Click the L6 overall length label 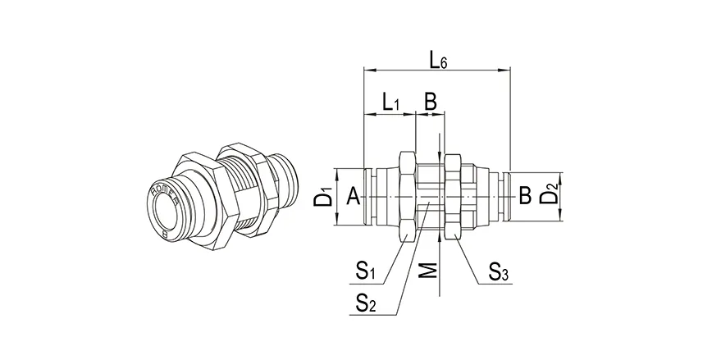click(438, 60)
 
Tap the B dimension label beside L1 click(429, 103)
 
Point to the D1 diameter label click(326, 197)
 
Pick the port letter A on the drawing click(352, 196)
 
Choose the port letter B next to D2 click(525, 196)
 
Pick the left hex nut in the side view click(405, 197)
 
